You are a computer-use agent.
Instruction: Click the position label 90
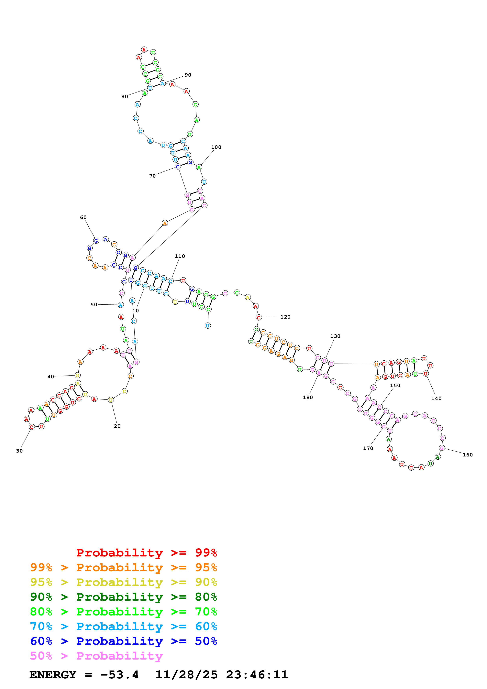point(188,75)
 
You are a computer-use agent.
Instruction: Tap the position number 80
point(125,97)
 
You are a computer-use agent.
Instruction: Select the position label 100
point(216,147)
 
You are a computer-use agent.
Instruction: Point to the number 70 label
point(152,176)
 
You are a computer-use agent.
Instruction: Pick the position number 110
point(180,256)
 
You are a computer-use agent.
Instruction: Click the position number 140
point(436,399)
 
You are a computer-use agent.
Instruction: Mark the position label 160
point(468,455)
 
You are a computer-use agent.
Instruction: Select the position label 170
point(368,448)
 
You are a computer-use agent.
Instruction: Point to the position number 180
point(308,398)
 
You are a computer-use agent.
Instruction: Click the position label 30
point(19,451)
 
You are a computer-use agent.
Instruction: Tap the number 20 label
point(117,426)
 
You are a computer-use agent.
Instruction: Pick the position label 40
point(51,377)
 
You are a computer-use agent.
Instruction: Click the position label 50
point(94,305)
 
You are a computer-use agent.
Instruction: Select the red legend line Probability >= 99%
point(146,553)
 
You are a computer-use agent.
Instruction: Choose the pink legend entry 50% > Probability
point(96,656)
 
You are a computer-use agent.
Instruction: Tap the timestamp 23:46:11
point(257,675)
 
